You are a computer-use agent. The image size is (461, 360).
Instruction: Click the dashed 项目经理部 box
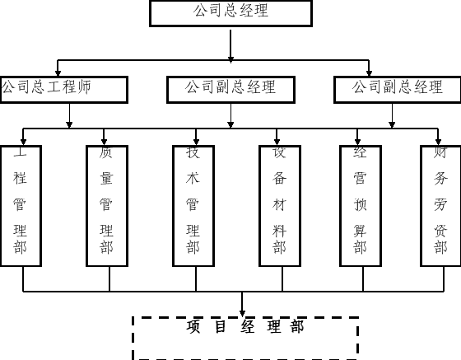[133, 339]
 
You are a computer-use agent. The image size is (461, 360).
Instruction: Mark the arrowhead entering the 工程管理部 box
[24, 142]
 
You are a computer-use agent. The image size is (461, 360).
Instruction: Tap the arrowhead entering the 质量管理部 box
[104, 142]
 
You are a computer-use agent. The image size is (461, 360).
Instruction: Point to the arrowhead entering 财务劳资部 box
[438, 142]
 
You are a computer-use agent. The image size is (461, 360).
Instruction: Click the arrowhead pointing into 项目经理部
[242, 313]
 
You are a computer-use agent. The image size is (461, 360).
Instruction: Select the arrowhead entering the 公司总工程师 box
[58, 73]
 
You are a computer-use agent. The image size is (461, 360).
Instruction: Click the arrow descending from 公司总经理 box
[230, 45]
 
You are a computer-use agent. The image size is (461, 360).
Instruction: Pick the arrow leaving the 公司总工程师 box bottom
[69, 115]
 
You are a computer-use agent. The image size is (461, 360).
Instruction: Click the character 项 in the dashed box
[193, 326]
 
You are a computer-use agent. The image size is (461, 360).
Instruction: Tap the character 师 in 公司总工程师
[83, 86]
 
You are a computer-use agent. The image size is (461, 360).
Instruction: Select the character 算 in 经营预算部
[360, 231]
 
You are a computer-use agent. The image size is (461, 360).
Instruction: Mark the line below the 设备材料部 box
[282, 278]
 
